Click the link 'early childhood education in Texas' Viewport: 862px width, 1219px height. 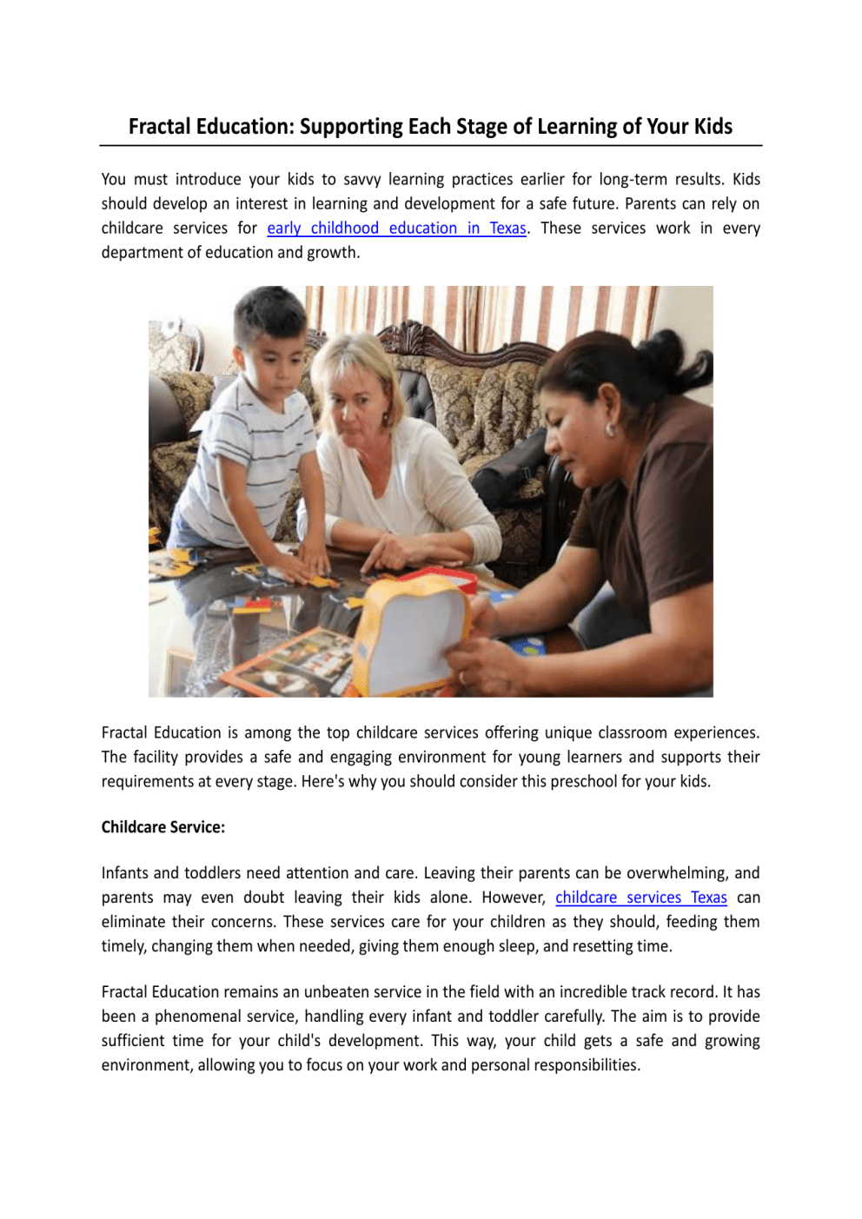pyautogui.click(x=396, y=229)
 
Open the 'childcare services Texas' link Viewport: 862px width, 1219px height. pyautogui.click(x=640, y=898)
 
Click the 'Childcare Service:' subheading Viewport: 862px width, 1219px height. pyautogui.click(x=162, y=827)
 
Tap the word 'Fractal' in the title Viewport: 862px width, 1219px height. pyautogui.click(x=159, y=127)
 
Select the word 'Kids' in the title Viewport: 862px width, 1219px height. pyautogui.click(x=713, y=127)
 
